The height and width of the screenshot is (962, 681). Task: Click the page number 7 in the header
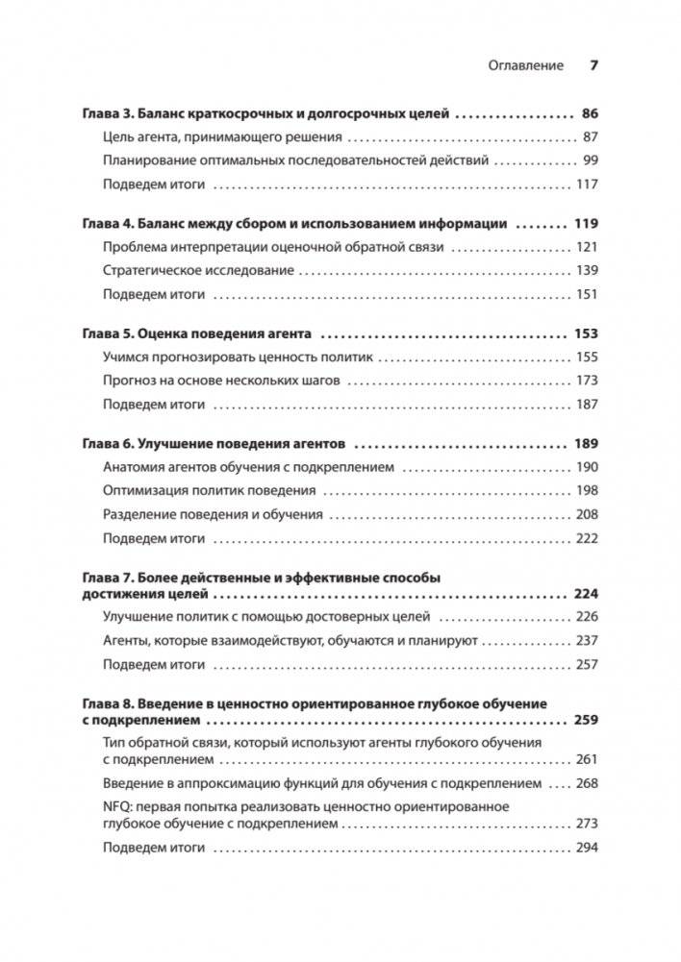pos(593,66)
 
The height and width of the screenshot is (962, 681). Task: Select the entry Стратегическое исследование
pos(198,271)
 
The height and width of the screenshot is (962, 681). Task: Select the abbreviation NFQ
pos(117,806)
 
